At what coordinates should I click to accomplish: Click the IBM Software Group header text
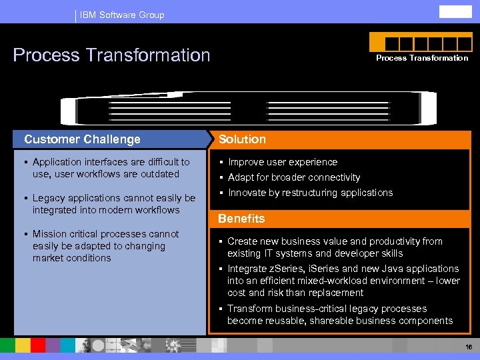point(121,15)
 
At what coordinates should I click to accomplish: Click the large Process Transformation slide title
point(111,55)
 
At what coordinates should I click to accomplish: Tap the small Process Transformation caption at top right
point(422,58)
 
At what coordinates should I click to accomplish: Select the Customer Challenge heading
point(82,139)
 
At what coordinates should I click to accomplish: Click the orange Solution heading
point(242,139)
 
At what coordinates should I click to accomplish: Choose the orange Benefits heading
point(241,219)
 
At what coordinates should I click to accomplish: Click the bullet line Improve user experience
point(283,162)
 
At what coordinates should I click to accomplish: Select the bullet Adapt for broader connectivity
point(293,177)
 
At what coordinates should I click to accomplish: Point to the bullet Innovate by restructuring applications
point(310,193)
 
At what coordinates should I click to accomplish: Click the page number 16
point(469,347)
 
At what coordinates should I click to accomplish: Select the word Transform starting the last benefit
point(250,309)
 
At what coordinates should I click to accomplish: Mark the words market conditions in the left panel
point(72,258)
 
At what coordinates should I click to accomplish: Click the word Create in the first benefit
point(242,241)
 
